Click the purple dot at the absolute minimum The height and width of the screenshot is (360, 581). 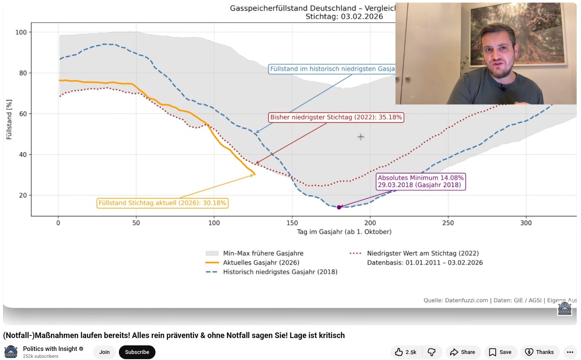point(339,207)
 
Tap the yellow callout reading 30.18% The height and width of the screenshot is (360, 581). point(162,203)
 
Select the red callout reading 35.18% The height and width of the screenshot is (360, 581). point(336,117)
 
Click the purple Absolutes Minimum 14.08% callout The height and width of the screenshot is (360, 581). point(421,181)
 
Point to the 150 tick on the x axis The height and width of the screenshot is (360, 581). point(292,223)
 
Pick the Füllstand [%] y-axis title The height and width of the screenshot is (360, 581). point(9,119)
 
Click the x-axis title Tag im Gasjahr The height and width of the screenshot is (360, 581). point(344,232)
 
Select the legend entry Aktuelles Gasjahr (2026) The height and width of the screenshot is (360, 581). point(261,263)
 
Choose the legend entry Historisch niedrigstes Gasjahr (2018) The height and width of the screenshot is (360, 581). point(280,272)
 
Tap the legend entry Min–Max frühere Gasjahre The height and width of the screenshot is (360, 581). point(263,253)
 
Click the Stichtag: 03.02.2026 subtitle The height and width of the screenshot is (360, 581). point(344,17)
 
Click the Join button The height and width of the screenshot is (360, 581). point(104,352)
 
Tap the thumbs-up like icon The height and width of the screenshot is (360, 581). point(399,352)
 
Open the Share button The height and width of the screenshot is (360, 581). point(463,352)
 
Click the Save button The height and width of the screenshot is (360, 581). point(500,352)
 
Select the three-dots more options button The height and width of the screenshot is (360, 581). point(570,352)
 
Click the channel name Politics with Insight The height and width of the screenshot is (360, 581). point(50,349)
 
